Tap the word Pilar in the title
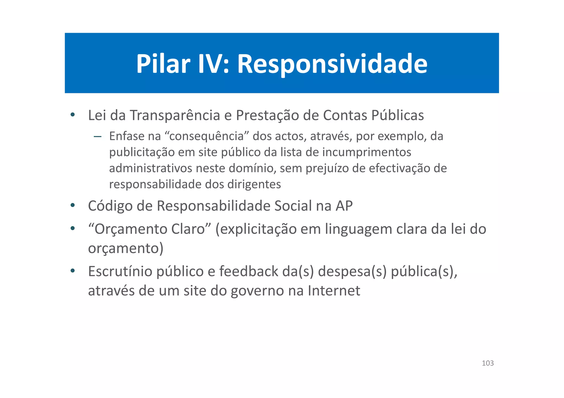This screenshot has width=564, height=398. point(163,64)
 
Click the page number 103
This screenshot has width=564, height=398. point(488,363)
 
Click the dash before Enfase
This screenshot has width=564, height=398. point(97,136)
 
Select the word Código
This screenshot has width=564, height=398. point(110,206)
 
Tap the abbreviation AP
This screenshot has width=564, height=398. point(344,206)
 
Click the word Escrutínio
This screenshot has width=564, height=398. point(120,271)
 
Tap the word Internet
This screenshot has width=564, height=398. point(334,290)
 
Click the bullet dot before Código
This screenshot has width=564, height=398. point(72,205)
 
